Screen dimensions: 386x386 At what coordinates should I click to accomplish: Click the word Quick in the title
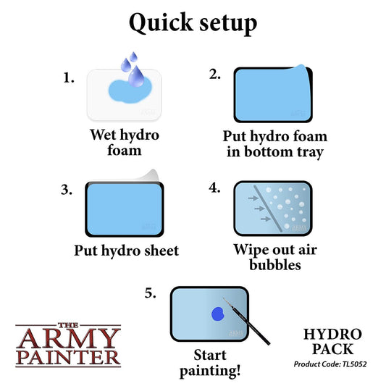point(161,23)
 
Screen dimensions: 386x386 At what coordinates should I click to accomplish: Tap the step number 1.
point(68,78)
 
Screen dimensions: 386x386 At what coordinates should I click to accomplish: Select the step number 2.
point(214,74)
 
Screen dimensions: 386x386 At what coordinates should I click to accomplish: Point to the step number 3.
point(67,190)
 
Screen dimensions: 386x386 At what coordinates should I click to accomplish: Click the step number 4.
point(214,188)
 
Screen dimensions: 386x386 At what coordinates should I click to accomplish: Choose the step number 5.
point(150,293)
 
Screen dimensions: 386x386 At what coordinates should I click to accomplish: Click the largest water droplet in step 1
point(136,76)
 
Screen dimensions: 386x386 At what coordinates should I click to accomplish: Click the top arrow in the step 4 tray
point(253,198)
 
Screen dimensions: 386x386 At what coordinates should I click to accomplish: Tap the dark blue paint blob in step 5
point(218,314)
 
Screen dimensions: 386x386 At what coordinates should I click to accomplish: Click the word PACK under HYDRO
point(333,349)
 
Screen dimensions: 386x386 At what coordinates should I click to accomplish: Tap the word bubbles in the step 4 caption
point(275,265)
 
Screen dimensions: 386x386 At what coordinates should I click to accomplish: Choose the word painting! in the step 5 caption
point(210,372)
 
